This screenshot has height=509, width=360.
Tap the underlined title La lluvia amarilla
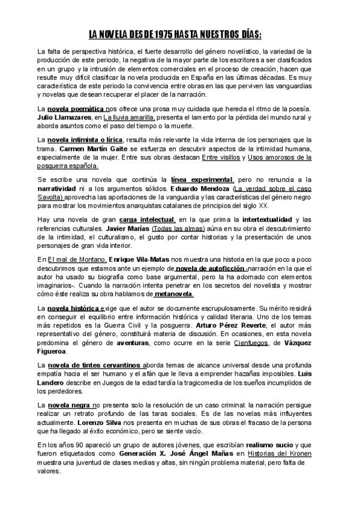pos(129,118)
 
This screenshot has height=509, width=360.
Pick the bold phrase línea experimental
pos(202,179)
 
